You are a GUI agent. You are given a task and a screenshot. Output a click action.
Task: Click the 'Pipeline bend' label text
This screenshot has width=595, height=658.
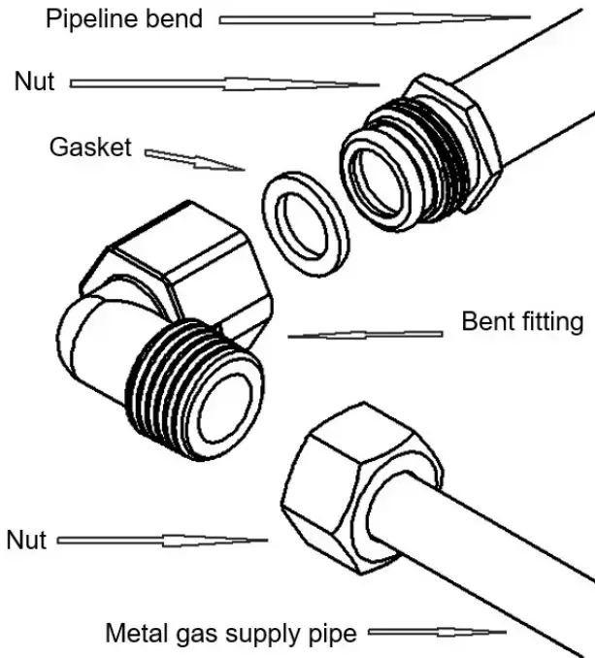click(124, 17)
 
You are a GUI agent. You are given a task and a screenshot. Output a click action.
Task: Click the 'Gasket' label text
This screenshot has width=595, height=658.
click(89, 148)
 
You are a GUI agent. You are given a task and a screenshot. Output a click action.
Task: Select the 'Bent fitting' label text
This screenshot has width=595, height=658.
click(522, 321)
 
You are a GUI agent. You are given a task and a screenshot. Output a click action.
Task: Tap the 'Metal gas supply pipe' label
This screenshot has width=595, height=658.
click(230, 634)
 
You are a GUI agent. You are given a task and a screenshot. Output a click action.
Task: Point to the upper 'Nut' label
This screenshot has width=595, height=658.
click(35, 82)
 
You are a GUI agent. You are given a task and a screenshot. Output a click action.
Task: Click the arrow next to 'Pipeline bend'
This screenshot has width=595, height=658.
click(375, 17)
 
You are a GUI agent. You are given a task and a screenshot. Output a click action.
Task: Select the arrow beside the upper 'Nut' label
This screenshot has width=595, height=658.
click(224, 84)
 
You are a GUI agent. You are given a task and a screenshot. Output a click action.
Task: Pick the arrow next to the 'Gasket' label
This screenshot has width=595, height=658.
click(194, 158)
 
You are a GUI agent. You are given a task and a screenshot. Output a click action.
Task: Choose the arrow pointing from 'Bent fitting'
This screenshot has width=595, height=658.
click(365, 334)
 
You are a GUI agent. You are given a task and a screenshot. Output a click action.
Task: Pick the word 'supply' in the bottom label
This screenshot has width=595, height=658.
click(273, 635)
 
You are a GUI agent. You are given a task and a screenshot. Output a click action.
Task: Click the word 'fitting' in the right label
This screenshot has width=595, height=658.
click(553, 321)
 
